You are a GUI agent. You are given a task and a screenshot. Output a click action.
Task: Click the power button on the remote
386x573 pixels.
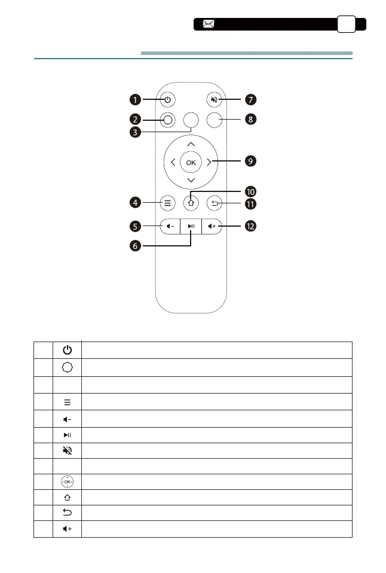(x=167, y=99)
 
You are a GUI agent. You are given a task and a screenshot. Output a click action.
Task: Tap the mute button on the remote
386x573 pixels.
(x=214, y=99)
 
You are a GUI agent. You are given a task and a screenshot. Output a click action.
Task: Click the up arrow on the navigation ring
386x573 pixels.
(x=191, y=144)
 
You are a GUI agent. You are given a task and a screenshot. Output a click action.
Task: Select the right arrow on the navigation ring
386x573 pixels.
(x=209, y=162)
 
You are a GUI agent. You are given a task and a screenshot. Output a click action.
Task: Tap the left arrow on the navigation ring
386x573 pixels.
(x=173, y=162)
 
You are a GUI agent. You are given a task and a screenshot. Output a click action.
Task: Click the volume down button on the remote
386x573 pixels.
(x=170, y=226)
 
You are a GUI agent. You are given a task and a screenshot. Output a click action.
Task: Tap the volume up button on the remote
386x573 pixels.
(x=213, y=226)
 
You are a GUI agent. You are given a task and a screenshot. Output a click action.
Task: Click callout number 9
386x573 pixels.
(x=251, y=161)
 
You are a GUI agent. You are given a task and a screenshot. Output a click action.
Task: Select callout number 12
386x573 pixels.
(x=251, y=227)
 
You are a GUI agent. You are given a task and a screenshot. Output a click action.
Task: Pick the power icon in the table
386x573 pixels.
(x=67, y=350)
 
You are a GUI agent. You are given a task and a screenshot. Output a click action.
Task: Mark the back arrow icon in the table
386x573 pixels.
(x=67, y=513)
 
